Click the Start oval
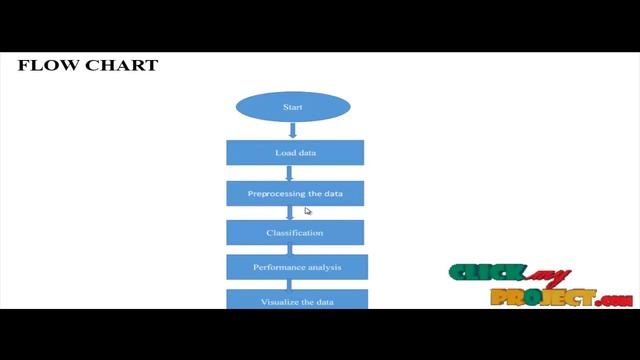[x=293, y=107]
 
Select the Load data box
[x=295, y=153]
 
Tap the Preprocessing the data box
[x=295, y=193]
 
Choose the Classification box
[x=295, y=233]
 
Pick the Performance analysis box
[x=297, y=267]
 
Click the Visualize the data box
[x=297, y=299]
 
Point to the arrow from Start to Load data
[x=293, y=130]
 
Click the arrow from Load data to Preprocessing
[x=290, y=173]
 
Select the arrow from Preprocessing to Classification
[x=290, y=212]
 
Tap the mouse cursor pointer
[x=308, y=210]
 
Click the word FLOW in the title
[x=43, y=66]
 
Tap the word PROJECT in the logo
[x=540, y=297]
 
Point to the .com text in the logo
[x=613, y=300]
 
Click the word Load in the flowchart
[x=284, y=153]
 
